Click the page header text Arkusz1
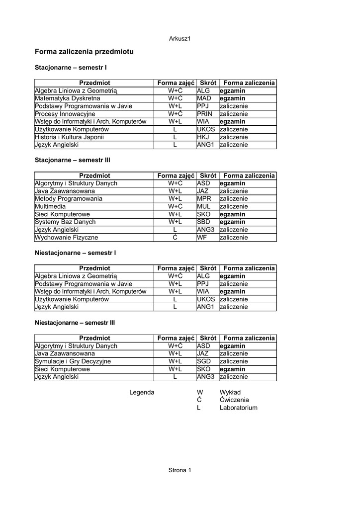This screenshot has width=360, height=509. pos(180,39)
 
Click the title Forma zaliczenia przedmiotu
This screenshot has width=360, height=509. pos(84,51)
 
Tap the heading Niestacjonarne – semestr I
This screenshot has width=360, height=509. pos(76,253)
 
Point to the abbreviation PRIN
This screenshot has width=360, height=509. pos(205,114)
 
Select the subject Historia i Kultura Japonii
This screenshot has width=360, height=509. pos(69,137)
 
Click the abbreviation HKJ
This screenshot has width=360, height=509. pos(203,137)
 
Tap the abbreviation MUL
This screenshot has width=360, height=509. pos(204,206)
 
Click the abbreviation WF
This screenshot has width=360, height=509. pos(201,238)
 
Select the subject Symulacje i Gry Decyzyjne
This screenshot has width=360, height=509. pos(73,361)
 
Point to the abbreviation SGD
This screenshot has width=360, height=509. pos(204,361)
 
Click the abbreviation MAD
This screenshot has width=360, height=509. pos(204,98)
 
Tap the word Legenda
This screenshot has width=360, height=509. pos(142,392)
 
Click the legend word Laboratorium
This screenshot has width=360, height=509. pos(238,408)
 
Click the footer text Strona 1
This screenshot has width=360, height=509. pos(180,470)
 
